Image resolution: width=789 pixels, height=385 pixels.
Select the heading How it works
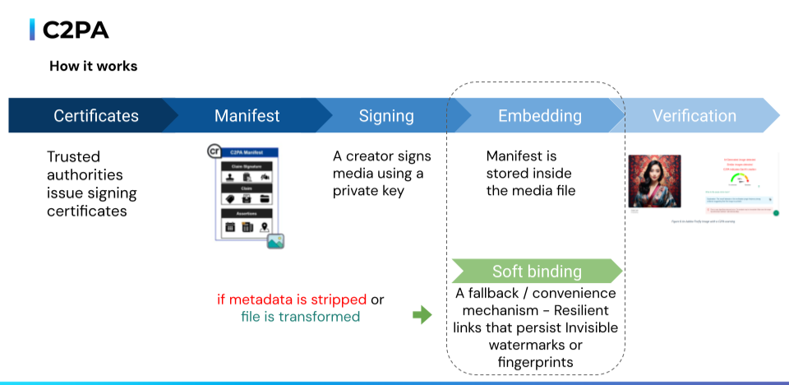click(93, 66)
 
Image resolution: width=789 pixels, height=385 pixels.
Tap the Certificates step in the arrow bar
click(96, 116)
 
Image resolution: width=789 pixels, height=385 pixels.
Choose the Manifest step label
click(247, 116)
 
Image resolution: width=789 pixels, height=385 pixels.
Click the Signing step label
click(386, 116)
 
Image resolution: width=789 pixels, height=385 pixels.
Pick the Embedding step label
click(534, 116)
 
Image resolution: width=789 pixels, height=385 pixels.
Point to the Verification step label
click(694, 116)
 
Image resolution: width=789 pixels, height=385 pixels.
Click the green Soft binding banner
click(537, 271)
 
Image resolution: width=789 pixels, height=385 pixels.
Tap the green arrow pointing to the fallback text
click(422, 314)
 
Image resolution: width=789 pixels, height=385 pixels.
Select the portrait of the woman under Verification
click(654, 181)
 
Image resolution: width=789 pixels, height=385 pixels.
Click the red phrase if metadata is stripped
click(292, 299)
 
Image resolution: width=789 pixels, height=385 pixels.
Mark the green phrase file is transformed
click(300, 317)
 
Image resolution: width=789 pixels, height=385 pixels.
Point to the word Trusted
click(73, 156)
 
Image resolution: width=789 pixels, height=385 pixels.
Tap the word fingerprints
click(536, 363)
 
